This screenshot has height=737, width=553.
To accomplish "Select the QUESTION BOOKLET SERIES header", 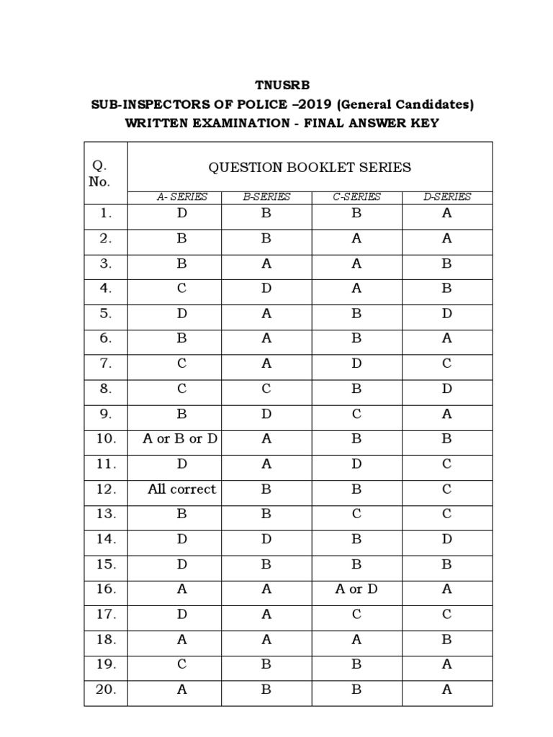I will click(x=310, y=168).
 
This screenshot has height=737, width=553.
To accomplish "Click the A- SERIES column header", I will click(x=182, y=196).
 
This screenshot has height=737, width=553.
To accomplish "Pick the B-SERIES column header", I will click(x=266, y=196).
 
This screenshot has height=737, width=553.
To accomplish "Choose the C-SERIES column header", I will click(x=356, y=196).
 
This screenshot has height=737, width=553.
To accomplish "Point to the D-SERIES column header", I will click(x=446, y=196).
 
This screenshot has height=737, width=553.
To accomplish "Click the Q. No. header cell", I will click(x=99, y=174).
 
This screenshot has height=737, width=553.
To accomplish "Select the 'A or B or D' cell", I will click(x=181, y=439).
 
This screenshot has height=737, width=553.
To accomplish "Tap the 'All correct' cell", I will click(x=181, y=489).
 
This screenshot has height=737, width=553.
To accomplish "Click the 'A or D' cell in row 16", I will click(x=356, y=589).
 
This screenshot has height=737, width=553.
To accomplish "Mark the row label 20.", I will click(x=105, y=689).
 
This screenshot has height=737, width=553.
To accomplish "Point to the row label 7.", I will click(x=106, y=363).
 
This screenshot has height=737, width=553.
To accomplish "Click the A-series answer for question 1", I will click(x=181, y=213).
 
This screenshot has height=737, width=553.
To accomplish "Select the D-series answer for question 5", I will click(x=446, y=314).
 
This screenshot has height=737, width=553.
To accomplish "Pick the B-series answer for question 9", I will click(x=266, y=414).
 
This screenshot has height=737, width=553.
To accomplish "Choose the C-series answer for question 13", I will click(x=356, y=514).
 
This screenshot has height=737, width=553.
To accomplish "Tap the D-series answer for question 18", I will click(x=446, y=639).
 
